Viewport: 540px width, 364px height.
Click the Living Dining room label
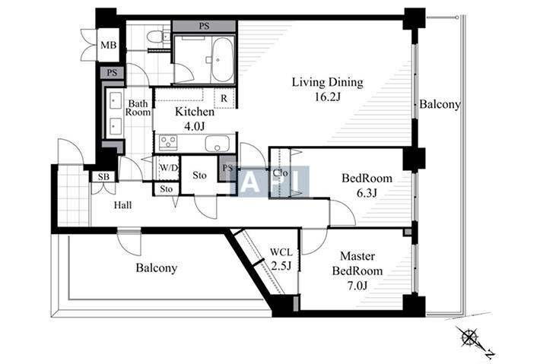pos(328,83)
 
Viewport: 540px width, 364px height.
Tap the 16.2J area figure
pos(328,97)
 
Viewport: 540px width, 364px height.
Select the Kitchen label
pos(195,112)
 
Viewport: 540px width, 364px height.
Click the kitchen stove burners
pos(168,143)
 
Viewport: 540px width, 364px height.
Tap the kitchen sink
pos(217,144)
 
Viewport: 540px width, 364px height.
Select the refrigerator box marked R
pos(224,98)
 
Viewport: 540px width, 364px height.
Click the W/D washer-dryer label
pos(169,168)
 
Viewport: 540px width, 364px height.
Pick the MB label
pos(109,45)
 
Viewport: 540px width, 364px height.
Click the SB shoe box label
pos(103,177)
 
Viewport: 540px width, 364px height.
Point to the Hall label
pos(123,205)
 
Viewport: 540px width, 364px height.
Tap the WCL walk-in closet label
pos(281,252)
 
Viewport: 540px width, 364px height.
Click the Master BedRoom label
pos(357,264)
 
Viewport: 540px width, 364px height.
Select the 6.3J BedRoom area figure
pos(367,193)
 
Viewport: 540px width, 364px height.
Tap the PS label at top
pos(205,26)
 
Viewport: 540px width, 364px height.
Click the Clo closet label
pos(281,173)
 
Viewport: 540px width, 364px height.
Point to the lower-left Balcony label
pos(157,268)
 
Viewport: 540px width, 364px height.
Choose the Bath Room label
pos(138,108)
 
